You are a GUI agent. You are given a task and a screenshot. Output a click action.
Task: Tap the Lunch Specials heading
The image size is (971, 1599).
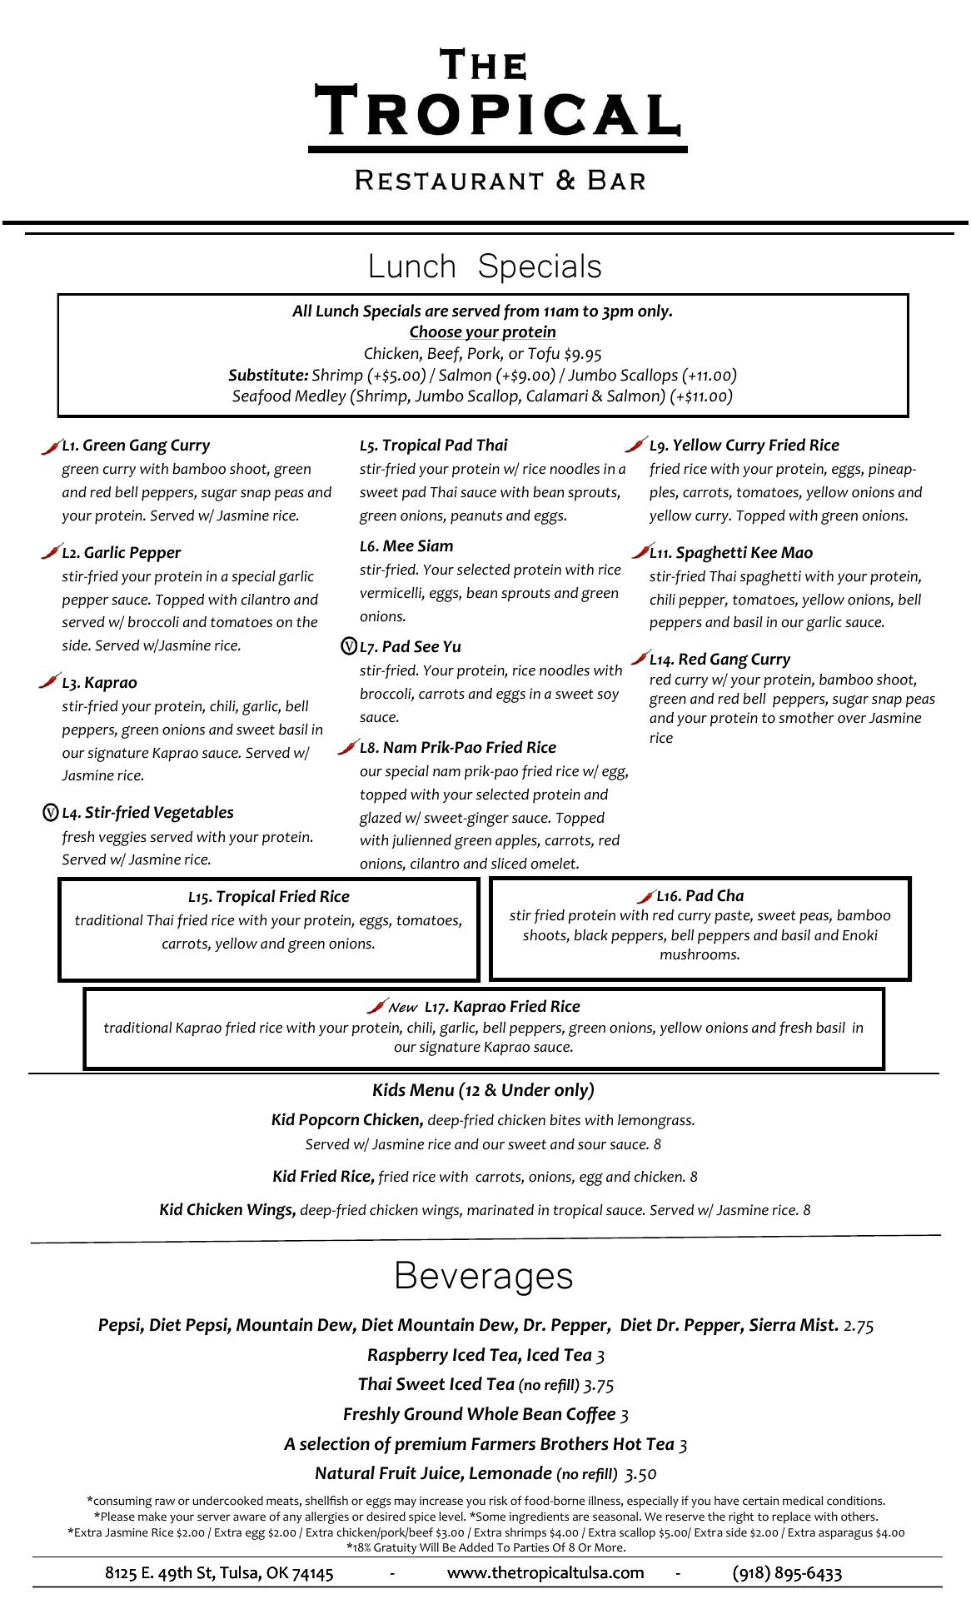(x=485, y=266)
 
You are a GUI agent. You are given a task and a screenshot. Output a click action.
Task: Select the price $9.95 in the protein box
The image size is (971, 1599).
(x=582, y=354)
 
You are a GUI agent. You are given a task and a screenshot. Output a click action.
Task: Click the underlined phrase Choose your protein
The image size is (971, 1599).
(x=482, y=332)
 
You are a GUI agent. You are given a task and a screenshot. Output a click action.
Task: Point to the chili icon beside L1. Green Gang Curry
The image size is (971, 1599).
(x=51, y=446)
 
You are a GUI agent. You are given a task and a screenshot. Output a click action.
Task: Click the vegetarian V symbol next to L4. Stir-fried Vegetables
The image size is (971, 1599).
(x=50, y=812)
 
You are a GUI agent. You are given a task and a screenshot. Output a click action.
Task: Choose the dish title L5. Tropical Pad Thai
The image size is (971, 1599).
(x=433, y=446)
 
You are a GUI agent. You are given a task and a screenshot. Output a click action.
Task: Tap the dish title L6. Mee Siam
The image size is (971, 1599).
(x=406, y=546)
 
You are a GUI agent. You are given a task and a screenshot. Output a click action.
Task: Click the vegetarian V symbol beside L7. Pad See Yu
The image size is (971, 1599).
(x=349, y=646)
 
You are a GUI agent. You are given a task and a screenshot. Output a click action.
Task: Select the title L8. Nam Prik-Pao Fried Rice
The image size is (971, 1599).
(x=457, y=748)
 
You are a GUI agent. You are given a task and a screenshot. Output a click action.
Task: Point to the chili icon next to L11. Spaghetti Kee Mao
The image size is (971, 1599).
(x=640, y=551)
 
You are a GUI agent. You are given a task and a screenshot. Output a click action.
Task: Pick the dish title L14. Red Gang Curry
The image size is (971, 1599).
(x=720, y=660)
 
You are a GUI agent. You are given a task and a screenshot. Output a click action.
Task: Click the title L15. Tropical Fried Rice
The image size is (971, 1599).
(x=268, y=897)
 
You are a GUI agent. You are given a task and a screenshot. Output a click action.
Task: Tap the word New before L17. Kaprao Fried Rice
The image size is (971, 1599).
(x=402, y=1008)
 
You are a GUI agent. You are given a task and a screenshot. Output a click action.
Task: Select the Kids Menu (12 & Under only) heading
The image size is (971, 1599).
(x=483, y=1090)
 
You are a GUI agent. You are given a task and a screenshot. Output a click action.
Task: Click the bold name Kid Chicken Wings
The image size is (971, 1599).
(x=227, y=1210)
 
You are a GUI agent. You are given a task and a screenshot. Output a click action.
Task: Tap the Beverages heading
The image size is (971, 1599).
(x=483, y=1276)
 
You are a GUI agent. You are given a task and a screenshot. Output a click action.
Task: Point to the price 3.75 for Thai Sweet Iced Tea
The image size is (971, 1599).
(x=598, y=1385)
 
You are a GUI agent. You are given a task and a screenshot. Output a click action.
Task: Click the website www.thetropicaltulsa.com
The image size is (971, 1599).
(x=545, y=1572)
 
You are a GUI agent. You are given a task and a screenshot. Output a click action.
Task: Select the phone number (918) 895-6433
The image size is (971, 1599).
(x=787, y=1572)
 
